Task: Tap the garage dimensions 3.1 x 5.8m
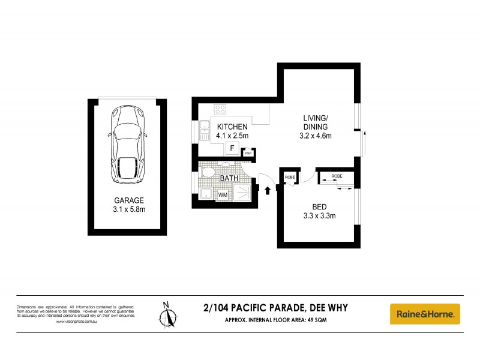pyautogui.click(x=130, y=209)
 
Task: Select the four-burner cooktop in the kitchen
pyautogui.click(x=220, y=110)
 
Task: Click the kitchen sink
pyautogui.click(x=204, y=131)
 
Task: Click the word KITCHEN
pyautogui.click(x=232, y=127)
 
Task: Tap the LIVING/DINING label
pyautogui.click(x=315, y=122)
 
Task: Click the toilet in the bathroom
pyautogui.click(x=208, y=173)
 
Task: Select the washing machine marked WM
pyautogui.click(x=223, y=194)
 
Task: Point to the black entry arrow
pyautogui.click(x=268, y=190)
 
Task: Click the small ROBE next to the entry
pyautogui.click(x=289, y=177)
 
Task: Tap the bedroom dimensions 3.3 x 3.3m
pyautogui.click(x=318, y=216)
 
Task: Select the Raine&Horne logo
pyautogui.click(x=425, y=313)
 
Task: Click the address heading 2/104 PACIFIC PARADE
pyautogui.click(x=275, y=308)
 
